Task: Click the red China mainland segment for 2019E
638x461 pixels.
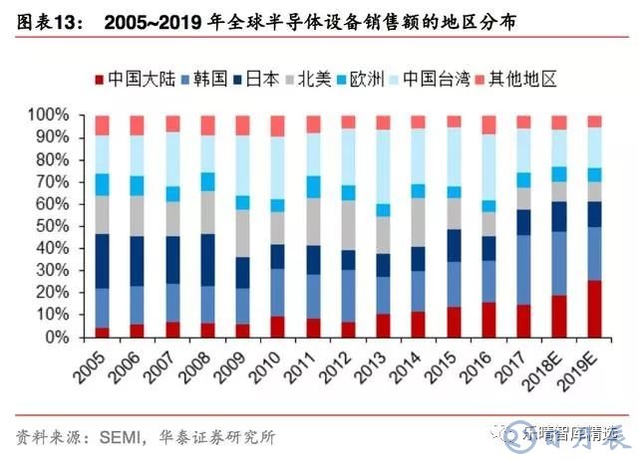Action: pos(594,309)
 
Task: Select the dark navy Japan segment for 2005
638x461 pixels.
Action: pos(102,261)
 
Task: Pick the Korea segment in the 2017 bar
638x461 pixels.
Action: pos(523,270)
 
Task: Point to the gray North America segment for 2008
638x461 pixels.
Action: pos(207,212)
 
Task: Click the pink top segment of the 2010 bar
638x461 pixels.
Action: pos(277,126)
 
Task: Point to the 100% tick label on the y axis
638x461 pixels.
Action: pos(62,115)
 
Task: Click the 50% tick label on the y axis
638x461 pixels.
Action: pos(65,226)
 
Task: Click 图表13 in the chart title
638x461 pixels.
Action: pos(47,20)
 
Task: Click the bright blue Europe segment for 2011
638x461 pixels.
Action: pos(313,187)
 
